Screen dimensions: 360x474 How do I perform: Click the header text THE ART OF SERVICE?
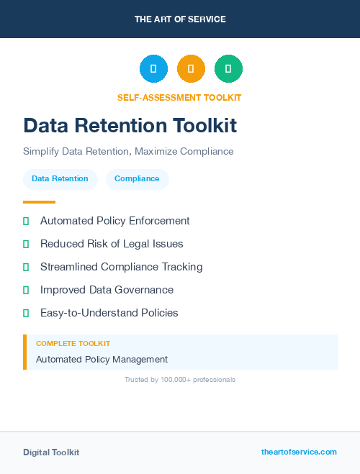pyautogui.click(x=180, y=19)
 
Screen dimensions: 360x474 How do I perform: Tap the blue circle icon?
pyautogui.click(x=153, y=68)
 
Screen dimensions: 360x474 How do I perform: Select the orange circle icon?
pyautogui.click(x=191, y=68)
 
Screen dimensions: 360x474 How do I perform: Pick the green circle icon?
pyautogui.click(x=228, y=68)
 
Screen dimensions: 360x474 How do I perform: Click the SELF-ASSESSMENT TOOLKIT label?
pyautogui.click(x=179, y=97)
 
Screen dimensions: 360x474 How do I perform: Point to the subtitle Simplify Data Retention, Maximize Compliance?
pyautogui.click(x=128, y=152)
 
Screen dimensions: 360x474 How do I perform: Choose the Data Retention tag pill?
pyautogui.click(x=60, y=179)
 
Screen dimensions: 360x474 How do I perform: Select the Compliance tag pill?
pyautogui.click(x=137, y=179)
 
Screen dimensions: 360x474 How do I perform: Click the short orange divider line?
pyautogui.click(x=39, y=202)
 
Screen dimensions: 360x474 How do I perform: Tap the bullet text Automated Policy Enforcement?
pyautogui.click(x=114, y=221)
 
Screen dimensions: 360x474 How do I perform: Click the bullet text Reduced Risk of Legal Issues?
pyautogui.click(x=112, y=244)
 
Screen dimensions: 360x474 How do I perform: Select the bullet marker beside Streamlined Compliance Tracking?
pyautogui.click(x=26, y=267)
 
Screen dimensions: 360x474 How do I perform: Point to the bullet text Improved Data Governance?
pyautogui.click(x=107, y=290)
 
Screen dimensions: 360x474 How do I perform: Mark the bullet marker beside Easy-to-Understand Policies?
pyautogui.click(x=26, y=313)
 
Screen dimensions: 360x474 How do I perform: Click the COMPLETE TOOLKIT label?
pyautogui.click(x=73, y=344)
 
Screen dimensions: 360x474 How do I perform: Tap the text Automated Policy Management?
pyautogui.click(x=102, y=359)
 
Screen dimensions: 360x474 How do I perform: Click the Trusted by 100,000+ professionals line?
pyautogui.click(x=180, y=379)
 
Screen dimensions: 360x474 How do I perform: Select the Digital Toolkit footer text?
pyautogui.click(x=51, y=452)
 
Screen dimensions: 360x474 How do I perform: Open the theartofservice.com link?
pyautogui.click(x=299, y=452)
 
